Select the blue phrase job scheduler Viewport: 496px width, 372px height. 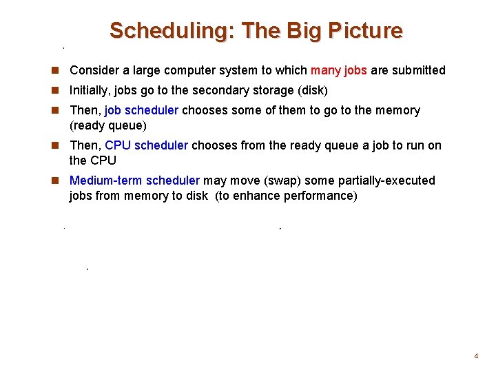141,110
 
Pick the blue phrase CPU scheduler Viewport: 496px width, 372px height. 146,145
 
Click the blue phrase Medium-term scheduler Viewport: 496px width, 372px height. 134,180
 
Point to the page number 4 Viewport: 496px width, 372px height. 475,356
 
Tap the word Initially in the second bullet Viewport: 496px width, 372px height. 90,90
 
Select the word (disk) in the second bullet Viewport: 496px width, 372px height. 311,90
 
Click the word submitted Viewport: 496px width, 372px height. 419,70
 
